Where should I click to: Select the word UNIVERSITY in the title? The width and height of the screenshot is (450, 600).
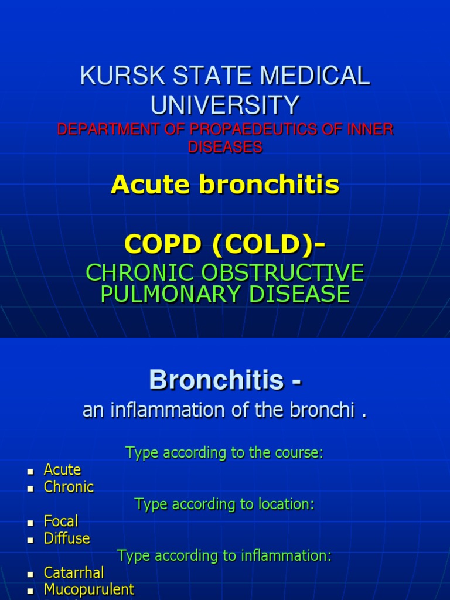tap(225, 105)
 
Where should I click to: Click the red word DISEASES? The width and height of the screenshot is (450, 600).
tap(225, 147)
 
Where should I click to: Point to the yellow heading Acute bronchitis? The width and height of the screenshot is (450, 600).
tap(225, 185)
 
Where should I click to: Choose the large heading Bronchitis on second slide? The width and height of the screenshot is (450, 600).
tap(216, 381)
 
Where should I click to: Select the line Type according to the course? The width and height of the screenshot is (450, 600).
tap(224, 453)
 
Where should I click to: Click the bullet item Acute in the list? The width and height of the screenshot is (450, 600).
tap(62, 470)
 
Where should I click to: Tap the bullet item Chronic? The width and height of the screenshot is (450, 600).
tap(69, 487)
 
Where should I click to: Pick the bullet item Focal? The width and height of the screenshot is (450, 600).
tap(61, 521)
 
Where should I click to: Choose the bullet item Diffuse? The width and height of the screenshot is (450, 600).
tap(67, 538)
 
